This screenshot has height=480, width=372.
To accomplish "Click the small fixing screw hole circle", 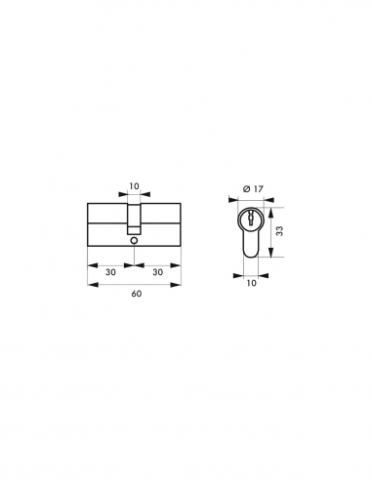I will coord(136,239).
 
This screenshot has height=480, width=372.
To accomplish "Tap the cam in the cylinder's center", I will coord(136,217).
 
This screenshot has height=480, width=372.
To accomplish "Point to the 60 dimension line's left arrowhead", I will coord(91,284).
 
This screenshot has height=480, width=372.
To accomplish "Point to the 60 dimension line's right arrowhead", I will coord(181,284).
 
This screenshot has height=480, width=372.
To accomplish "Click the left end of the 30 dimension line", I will coord(91,262).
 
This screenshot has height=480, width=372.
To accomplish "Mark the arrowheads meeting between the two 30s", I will coord(136,262).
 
